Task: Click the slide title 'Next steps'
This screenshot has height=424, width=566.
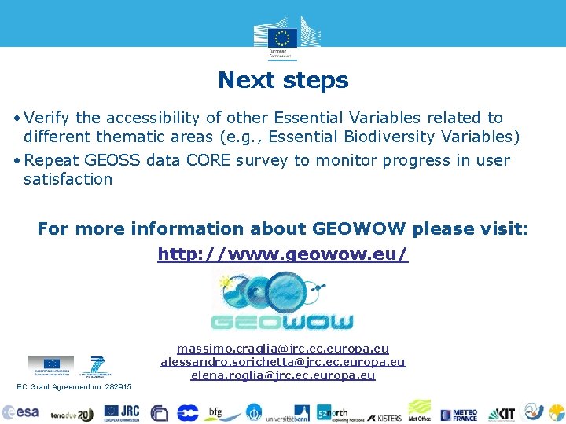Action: (x=283, y=80)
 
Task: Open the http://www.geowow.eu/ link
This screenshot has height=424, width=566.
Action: (x=283, y=254)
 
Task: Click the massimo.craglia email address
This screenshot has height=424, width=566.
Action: (x=283, y=348)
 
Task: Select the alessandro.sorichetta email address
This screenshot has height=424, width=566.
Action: (x=283, y=361)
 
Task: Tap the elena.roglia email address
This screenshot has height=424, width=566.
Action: (x=283, y=375)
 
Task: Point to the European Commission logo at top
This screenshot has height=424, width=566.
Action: (x=282, y=37)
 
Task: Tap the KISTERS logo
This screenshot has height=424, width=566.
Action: (x=384, y=414)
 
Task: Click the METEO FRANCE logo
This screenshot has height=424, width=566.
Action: (x=459, y=413)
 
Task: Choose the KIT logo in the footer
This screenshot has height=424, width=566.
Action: (x=502, y=413)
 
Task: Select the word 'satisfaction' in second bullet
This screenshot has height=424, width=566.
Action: (x=68, y=179)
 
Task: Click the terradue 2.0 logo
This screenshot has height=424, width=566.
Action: (x=72, y=414)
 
